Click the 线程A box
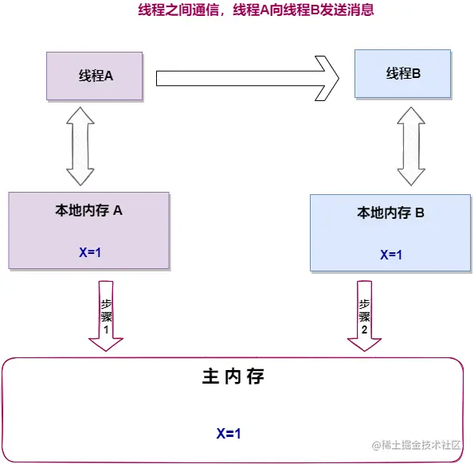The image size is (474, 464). (95, 76)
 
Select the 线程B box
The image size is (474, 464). (403, 73)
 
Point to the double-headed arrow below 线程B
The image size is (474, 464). (411, 145)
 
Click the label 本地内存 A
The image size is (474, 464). (88, 211)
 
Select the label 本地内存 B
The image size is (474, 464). (390, 213)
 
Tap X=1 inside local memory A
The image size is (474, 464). (89, 252)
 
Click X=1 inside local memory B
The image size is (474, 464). (390, 255)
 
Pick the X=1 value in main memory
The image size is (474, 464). (229, 434)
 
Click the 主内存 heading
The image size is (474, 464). (232, 377)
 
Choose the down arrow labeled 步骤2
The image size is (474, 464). (364, 316)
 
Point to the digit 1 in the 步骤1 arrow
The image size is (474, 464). (106, 328)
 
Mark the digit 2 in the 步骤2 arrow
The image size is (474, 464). (364, 329)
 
